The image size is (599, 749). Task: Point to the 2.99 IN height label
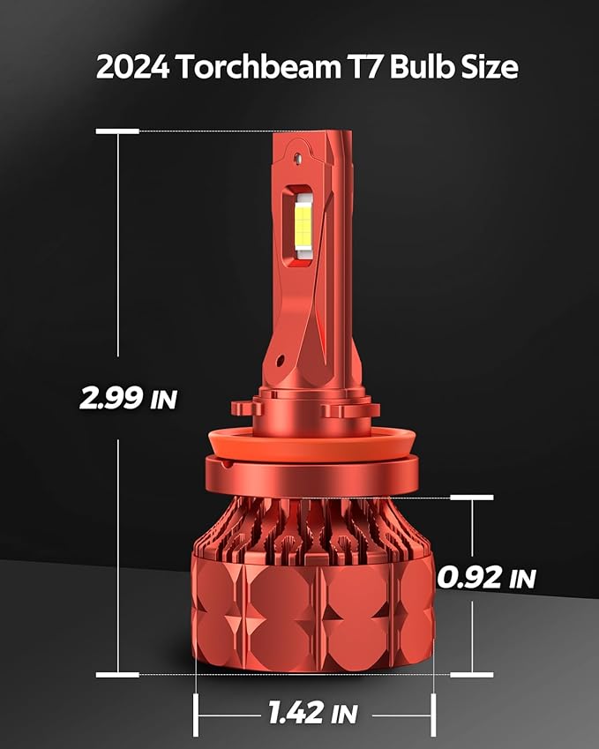(128, 398)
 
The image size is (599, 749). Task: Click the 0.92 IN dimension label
(487, 578)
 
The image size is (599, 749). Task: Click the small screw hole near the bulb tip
(297, 160)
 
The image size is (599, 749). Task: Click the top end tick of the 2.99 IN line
(117, 131)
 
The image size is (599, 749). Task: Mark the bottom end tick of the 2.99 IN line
(117, 675)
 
